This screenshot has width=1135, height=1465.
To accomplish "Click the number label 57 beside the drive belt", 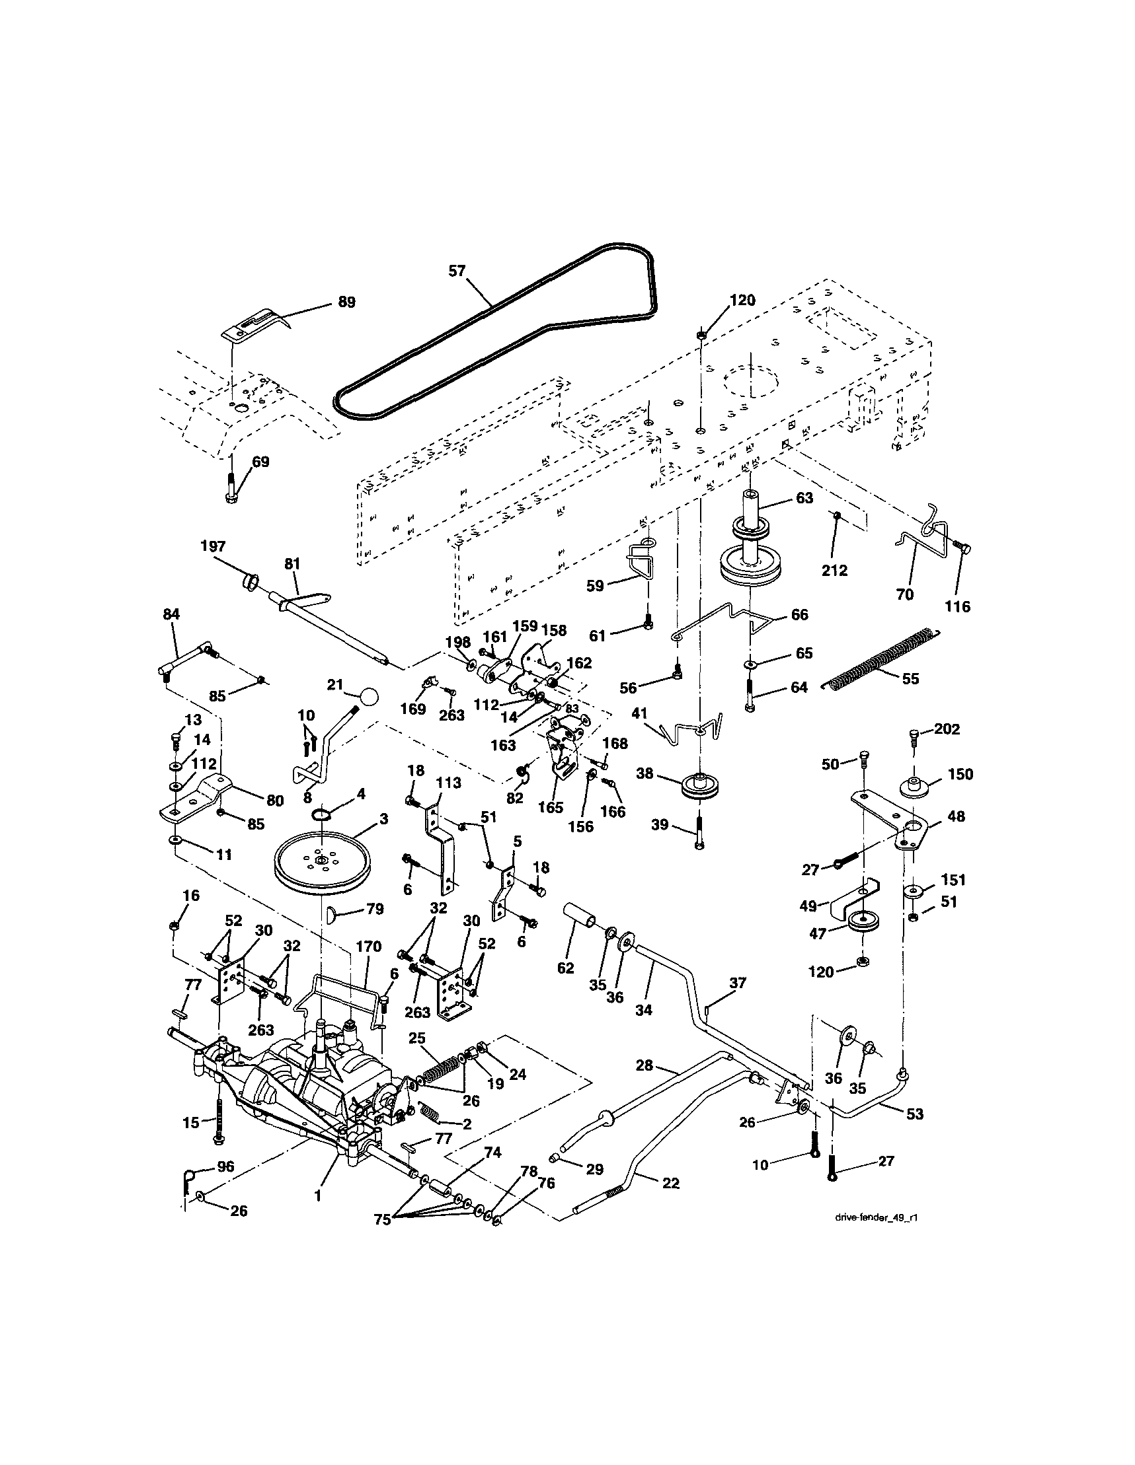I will [457, 270].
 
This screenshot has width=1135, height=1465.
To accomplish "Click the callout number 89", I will [346, 302].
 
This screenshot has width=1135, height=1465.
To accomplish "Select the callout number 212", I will [834, 570].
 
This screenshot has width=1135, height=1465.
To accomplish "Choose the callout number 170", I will [368, 947].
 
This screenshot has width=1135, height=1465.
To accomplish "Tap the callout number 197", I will [213, 546].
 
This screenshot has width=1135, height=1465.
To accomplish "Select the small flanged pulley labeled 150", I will [915, 785].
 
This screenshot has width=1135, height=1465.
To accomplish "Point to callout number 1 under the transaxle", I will [317, 1195].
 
